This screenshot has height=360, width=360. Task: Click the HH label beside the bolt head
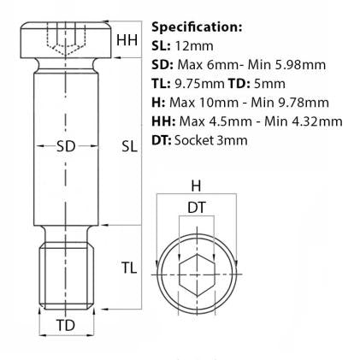coord(127,40)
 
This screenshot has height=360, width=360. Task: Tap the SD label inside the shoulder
coord(66,146)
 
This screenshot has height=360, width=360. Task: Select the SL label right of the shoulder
coord(129,146)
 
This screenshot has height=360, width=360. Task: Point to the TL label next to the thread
coord(128,267)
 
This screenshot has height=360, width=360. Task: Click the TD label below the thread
coord(66,326)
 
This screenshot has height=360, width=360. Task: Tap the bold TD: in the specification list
coord(240,84)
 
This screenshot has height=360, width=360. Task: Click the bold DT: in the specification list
coord(162,139)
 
